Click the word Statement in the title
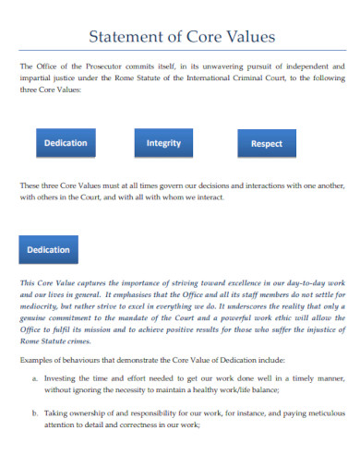coord(126,37)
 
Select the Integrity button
coord(163,143)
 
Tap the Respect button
coord(267,144)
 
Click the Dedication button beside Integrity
coord(66,143)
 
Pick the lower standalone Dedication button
coord(49,249)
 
